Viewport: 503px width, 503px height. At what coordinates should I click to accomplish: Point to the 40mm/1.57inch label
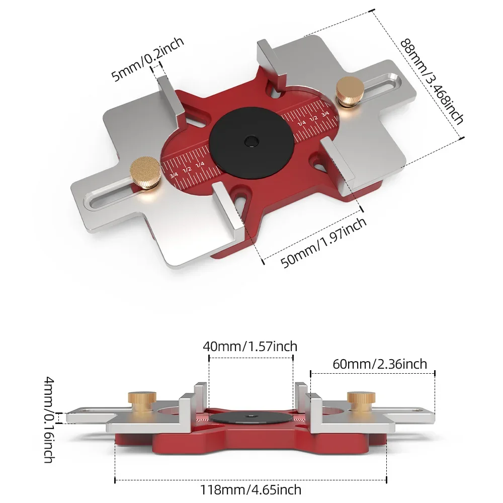[250, 347]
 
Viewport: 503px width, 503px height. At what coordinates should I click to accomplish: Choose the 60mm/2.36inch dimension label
[380, 364]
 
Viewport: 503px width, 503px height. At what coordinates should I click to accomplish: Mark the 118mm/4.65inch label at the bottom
[250, 489]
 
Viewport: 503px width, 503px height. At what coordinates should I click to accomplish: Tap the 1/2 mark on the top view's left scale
[187, 170]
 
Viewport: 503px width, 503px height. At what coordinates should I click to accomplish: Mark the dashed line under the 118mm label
[250, 478]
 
